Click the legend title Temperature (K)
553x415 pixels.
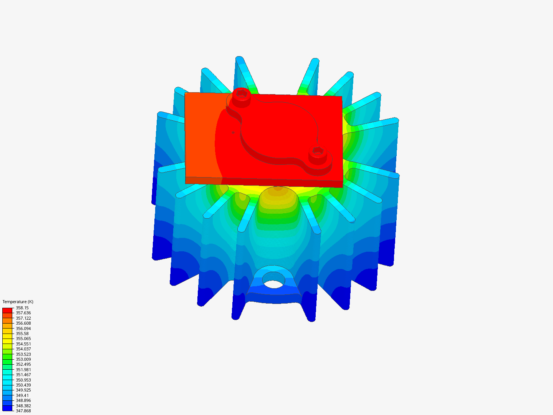18,302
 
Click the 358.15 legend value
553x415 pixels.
22,308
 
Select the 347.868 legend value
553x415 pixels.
23,411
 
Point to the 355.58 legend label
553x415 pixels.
22,334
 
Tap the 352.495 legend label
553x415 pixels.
23,364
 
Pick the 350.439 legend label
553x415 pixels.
23,385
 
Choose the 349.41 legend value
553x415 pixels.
22,395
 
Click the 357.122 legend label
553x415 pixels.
23,318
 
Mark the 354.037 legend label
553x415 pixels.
23,349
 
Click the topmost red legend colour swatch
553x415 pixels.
7,310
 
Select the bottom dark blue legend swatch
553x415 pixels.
7,408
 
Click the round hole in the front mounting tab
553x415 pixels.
273,284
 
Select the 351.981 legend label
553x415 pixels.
23,370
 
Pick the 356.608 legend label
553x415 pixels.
23,323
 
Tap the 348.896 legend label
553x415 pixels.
23,400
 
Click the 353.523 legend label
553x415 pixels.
23,354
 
